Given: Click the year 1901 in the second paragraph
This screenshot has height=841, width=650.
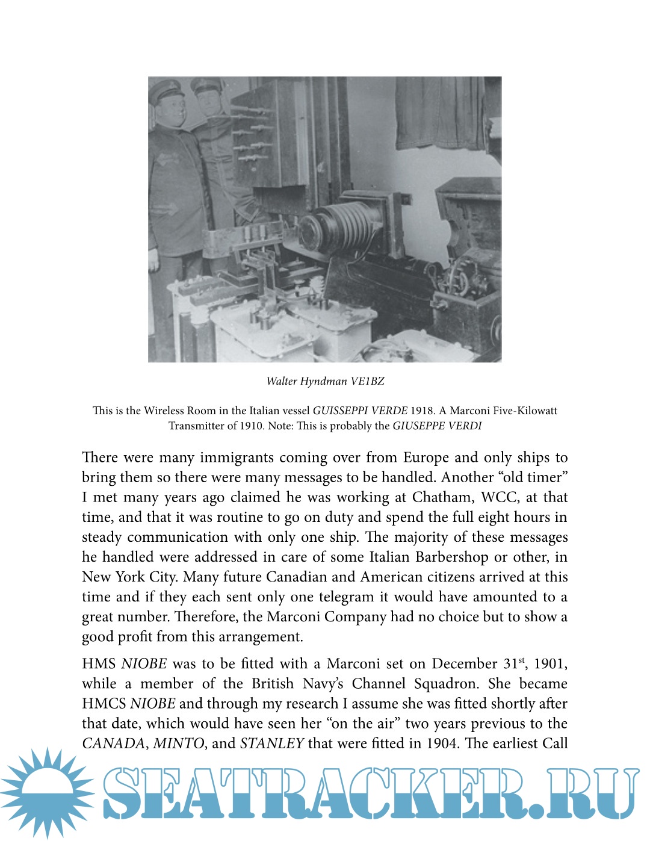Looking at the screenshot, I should click(x=550, y=663).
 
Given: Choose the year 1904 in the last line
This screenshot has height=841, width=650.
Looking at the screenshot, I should click(x=442, y=743).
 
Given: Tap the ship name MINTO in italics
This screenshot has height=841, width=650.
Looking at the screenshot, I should click(x=179, y=743).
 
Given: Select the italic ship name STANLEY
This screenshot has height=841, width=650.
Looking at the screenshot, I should click(x=271, y=743).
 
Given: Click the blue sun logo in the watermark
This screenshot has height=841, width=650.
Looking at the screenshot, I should click(x=46, y=792).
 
